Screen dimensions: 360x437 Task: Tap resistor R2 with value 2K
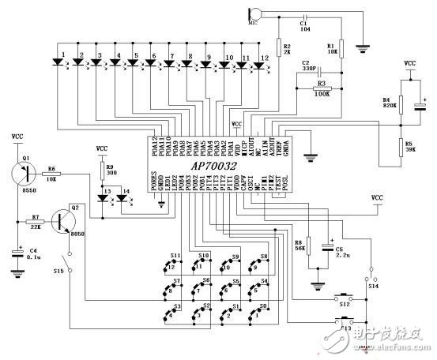pyautogui.click(x=277, y=45)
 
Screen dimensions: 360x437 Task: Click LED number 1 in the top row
pyautogui.click(x=62, y=64)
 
